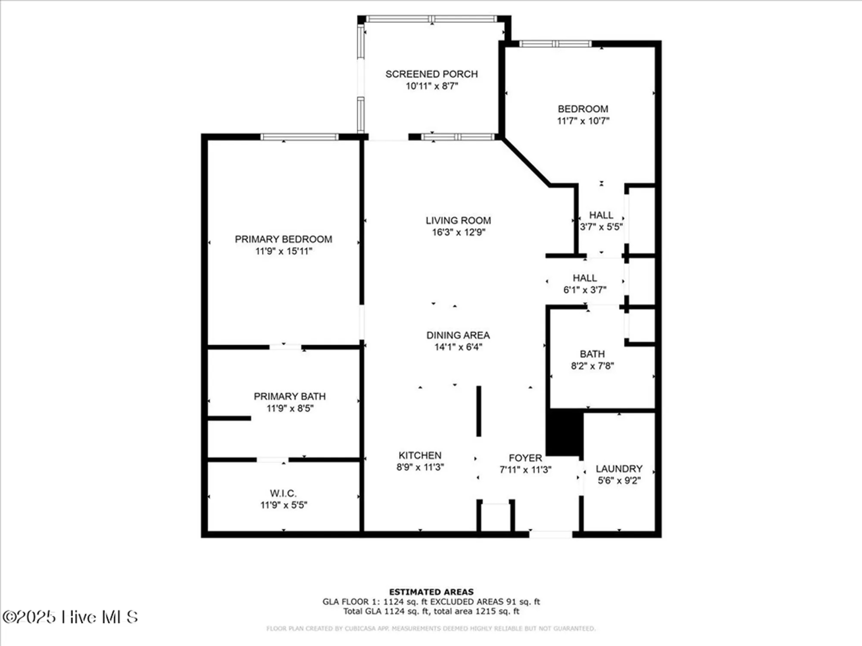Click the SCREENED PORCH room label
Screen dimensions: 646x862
pyautogui.click(x=431, y=74)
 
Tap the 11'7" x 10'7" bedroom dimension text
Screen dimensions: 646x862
pyautogui.click(x=583, y=121)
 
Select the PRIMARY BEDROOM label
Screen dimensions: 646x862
pyautogui.click(x=283, y=239)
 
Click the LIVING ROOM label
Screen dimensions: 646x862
pyautogui.click(x=458, y=221)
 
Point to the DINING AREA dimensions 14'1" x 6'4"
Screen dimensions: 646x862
pyautogui.click(x=458, y=347)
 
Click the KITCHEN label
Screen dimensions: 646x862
pyautogui.click(x=420, y=455)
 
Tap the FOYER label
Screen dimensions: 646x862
pyautogui.click(x=525, y=458)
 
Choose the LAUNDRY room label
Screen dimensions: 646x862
pyautogui.click(x=619, y=469)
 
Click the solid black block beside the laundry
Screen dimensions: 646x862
pyautogui.click(x=565, y=432)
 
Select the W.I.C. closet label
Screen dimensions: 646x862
pyautogui.click(x=283, y=493)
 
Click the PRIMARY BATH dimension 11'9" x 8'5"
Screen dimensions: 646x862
pyautogui.click(x=290, y=408)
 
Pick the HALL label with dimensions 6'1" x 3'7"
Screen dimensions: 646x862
pyautogui.click(x=585, y=278)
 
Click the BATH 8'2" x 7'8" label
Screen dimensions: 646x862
pyautogui.click(x=592, y=354)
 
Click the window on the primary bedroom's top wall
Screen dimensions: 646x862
pyautogui.click(x=300, y=137)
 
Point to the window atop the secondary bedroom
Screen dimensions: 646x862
pyautogui.click(x=555, y=43)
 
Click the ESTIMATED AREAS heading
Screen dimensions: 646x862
pyautogui.click(x=431, y=592)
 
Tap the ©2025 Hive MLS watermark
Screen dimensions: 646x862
pyautogui.click(x=70, y=617)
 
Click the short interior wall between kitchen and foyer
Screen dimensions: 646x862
pyautogui.click(x=478, y=411)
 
